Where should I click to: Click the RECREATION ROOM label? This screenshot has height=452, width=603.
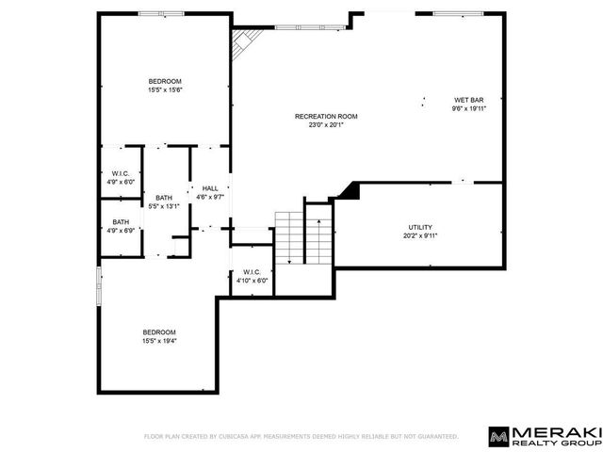pos(326,116)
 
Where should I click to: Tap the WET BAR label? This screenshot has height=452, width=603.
pos(469,100)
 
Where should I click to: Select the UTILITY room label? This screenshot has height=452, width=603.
pos(420,227)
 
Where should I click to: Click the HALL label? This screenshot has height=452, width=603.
pos(210,188)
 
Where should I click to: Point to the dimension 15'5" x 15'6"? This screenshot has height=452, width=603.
pos(165,90)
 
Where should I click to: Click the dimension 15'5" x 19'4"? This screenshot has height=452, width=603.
pos(159,341)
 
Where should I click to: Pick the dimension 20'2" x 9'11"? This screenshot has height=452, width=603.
pos(420,236)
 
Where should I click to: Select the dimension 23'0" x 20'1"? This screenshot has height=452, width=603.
pos(326,125)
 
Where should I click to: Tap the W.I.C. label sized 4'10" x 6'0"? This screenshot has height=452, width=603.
pos(252,272)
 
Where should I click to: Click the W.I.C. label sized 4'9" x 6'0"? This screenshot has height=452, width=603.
pos(121,173)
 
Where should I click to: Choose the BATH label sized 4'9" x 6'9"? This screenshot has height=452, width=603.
pos(121,222)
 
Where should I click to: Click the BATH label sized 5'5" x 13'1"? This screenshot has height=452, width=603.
pos(164,198)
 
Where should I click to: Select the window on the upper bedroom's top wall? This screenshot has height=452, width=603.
pos(161,14)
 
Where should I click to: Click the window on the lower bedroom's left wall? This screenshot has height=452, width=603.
pos(99,286)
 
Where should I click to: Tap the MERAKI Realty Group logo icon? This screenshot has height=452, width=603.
pos(498,437)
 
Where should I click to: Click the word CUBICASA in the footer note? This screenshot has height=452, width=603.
pos(234,437)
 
